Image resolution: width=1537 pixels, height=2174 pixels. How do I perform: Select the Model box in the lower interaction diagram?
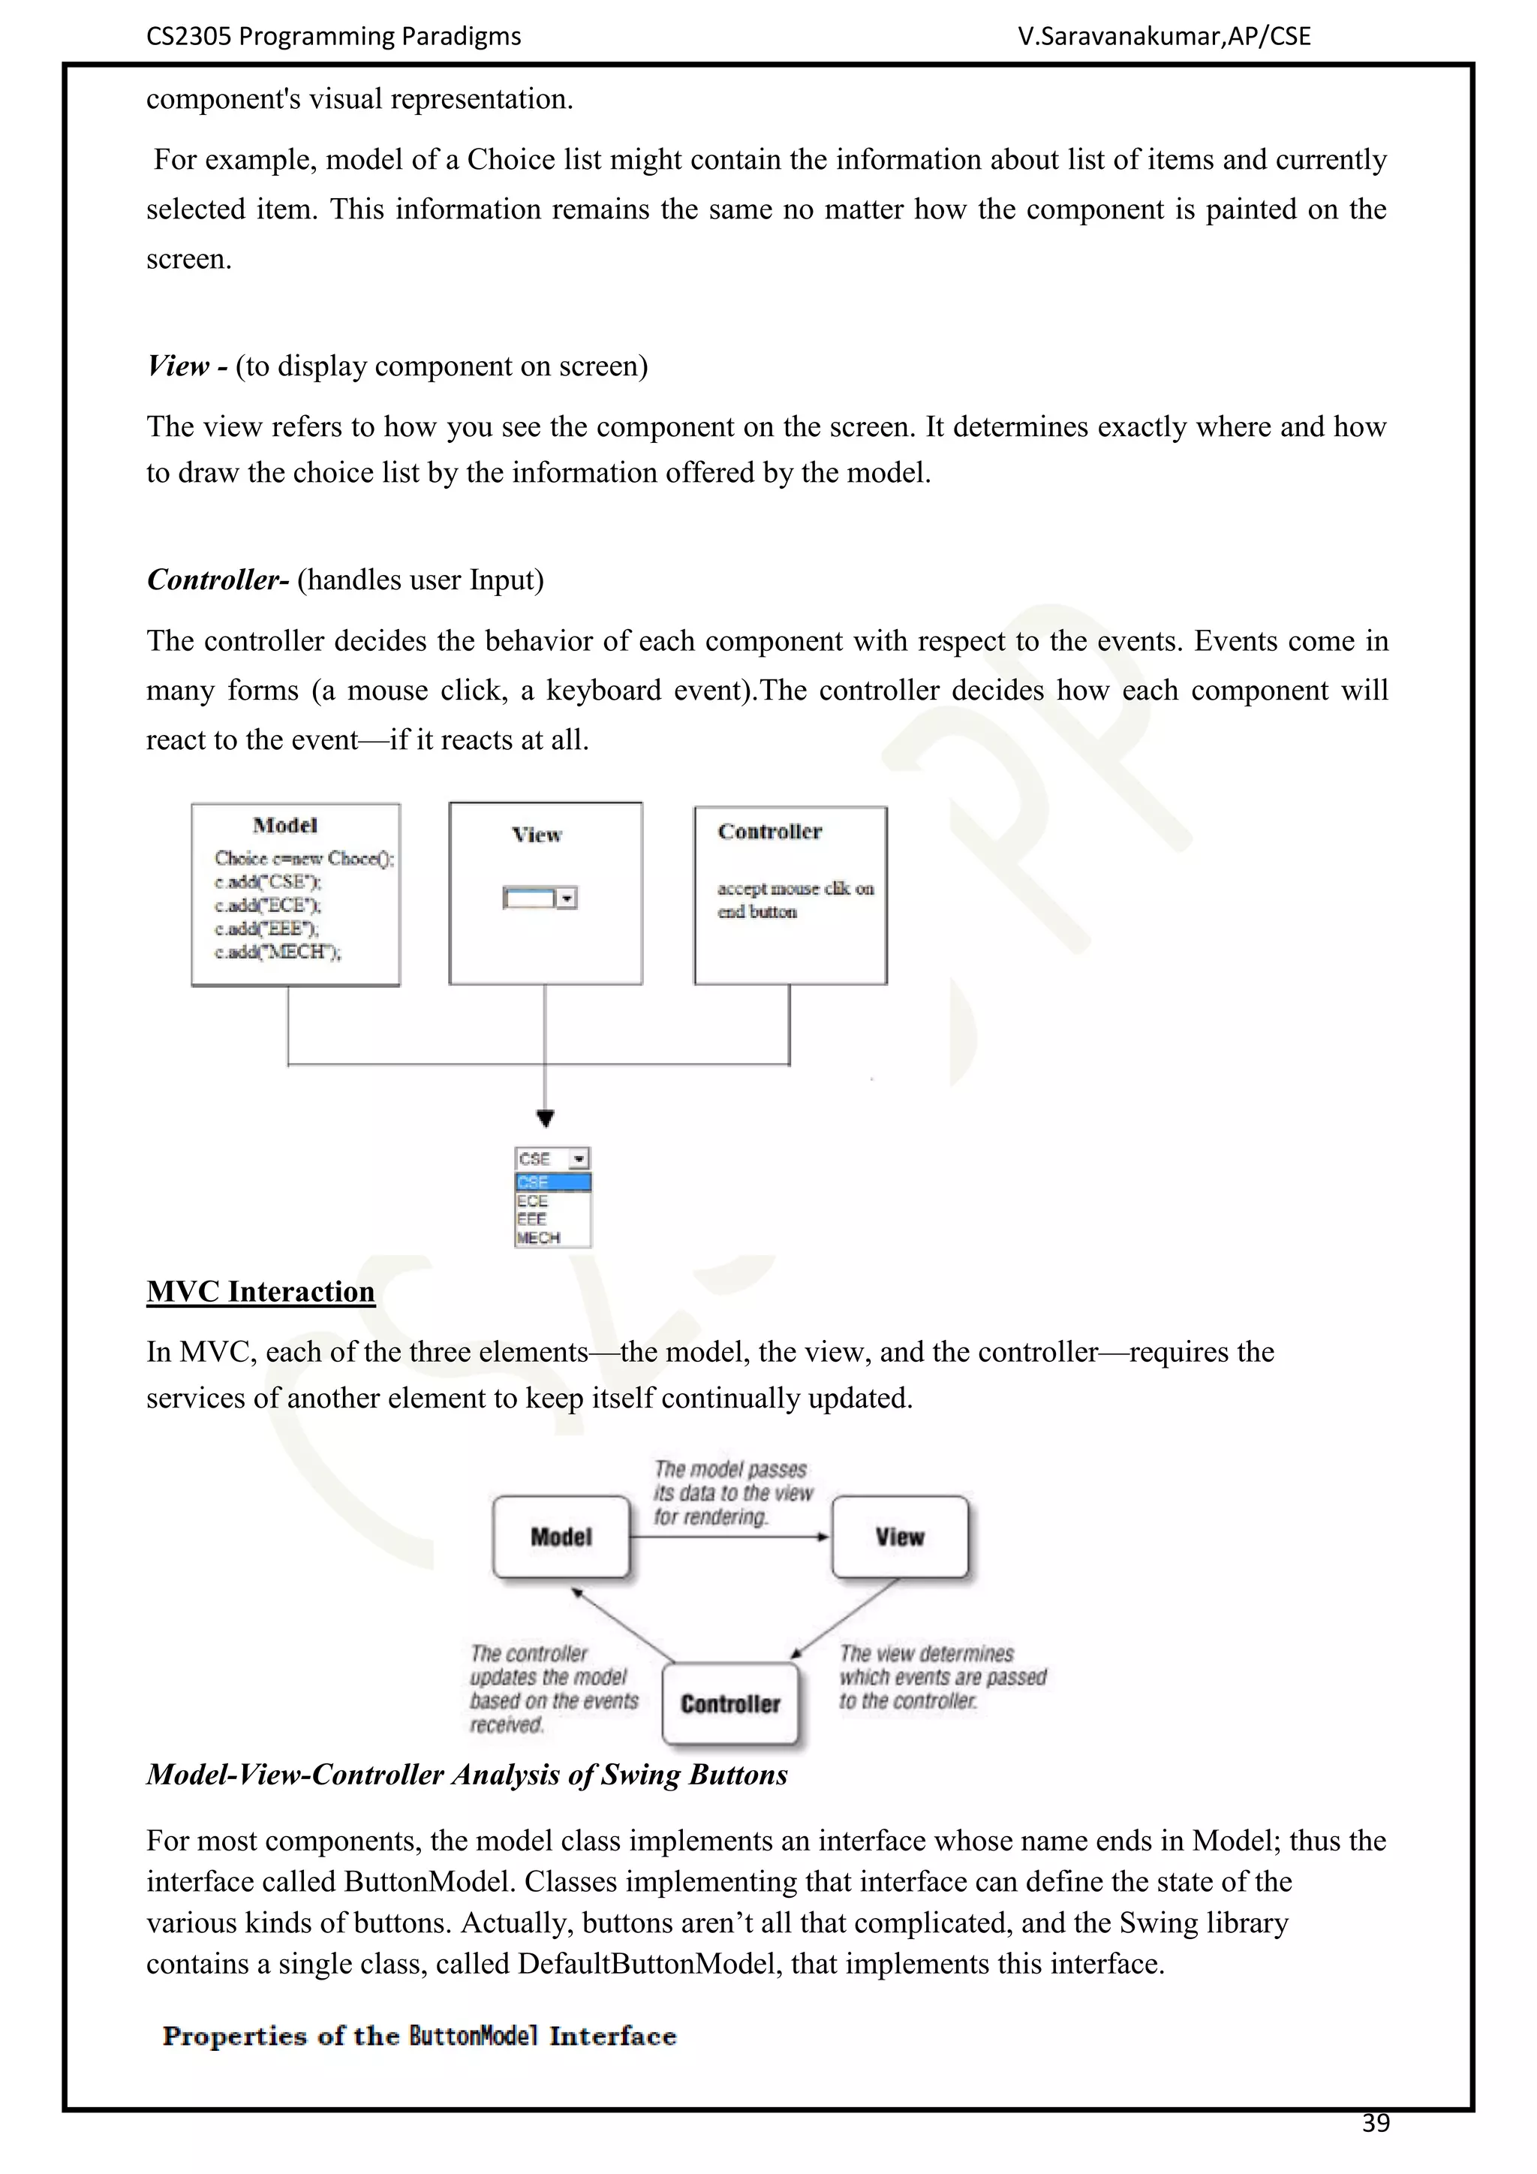pyautogui.click(x=561, y=1537)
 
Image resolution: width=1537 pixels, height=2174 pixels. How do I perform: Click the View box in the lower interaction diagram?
pyautogui.click(x=899, y=1537)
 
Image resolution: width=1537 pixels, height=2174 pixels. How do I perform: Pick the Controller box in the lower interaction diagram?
pyautogui.click(x=731, y=1703)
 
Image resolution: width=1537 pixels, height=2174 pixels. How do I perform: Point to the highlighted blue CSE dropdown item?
pyautogui.click(x=552, y=1182)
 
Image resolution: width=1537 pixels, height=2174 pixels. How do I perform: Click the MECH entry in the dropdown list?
pyautogui.click(x=540, y=1238)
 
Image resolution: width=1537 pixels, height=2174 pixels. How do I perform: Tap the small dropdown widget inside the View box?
pyautogui.click(x=540, y=898)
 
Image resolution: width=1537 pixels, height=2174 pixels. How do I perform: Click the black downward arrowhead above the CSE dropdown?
pyautogui.click(x=545, y=1119)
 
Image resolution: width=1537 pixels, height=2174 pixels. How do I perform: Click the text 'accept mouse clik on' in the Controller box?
pyautogui.click(x=795, y=888)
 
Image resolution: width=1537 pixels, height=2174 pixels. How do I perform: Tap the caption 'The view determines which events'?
pyautogui.click(x=942, y=1677)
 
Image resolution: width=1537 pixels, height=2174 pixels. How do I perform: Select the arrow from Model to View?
pyautogui.click(x=729, y=1537)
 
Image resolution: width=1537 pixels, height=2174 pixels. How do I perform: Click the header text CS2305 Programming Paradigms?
pyautogui.click(x=333, y=36)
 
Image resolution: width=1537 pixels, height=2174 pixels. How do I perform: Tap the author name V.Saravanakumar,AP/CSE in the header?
pyautogui.click(x=1164, y=36)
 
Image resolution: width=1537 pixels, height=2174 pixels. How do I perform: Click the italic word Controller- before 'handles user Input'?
pyautogui.click(x=218, y=580)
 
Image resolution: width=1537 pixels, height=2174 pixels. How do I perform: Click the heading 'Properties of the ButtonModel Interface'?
pyautogui.click(x=420, y=2036)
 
